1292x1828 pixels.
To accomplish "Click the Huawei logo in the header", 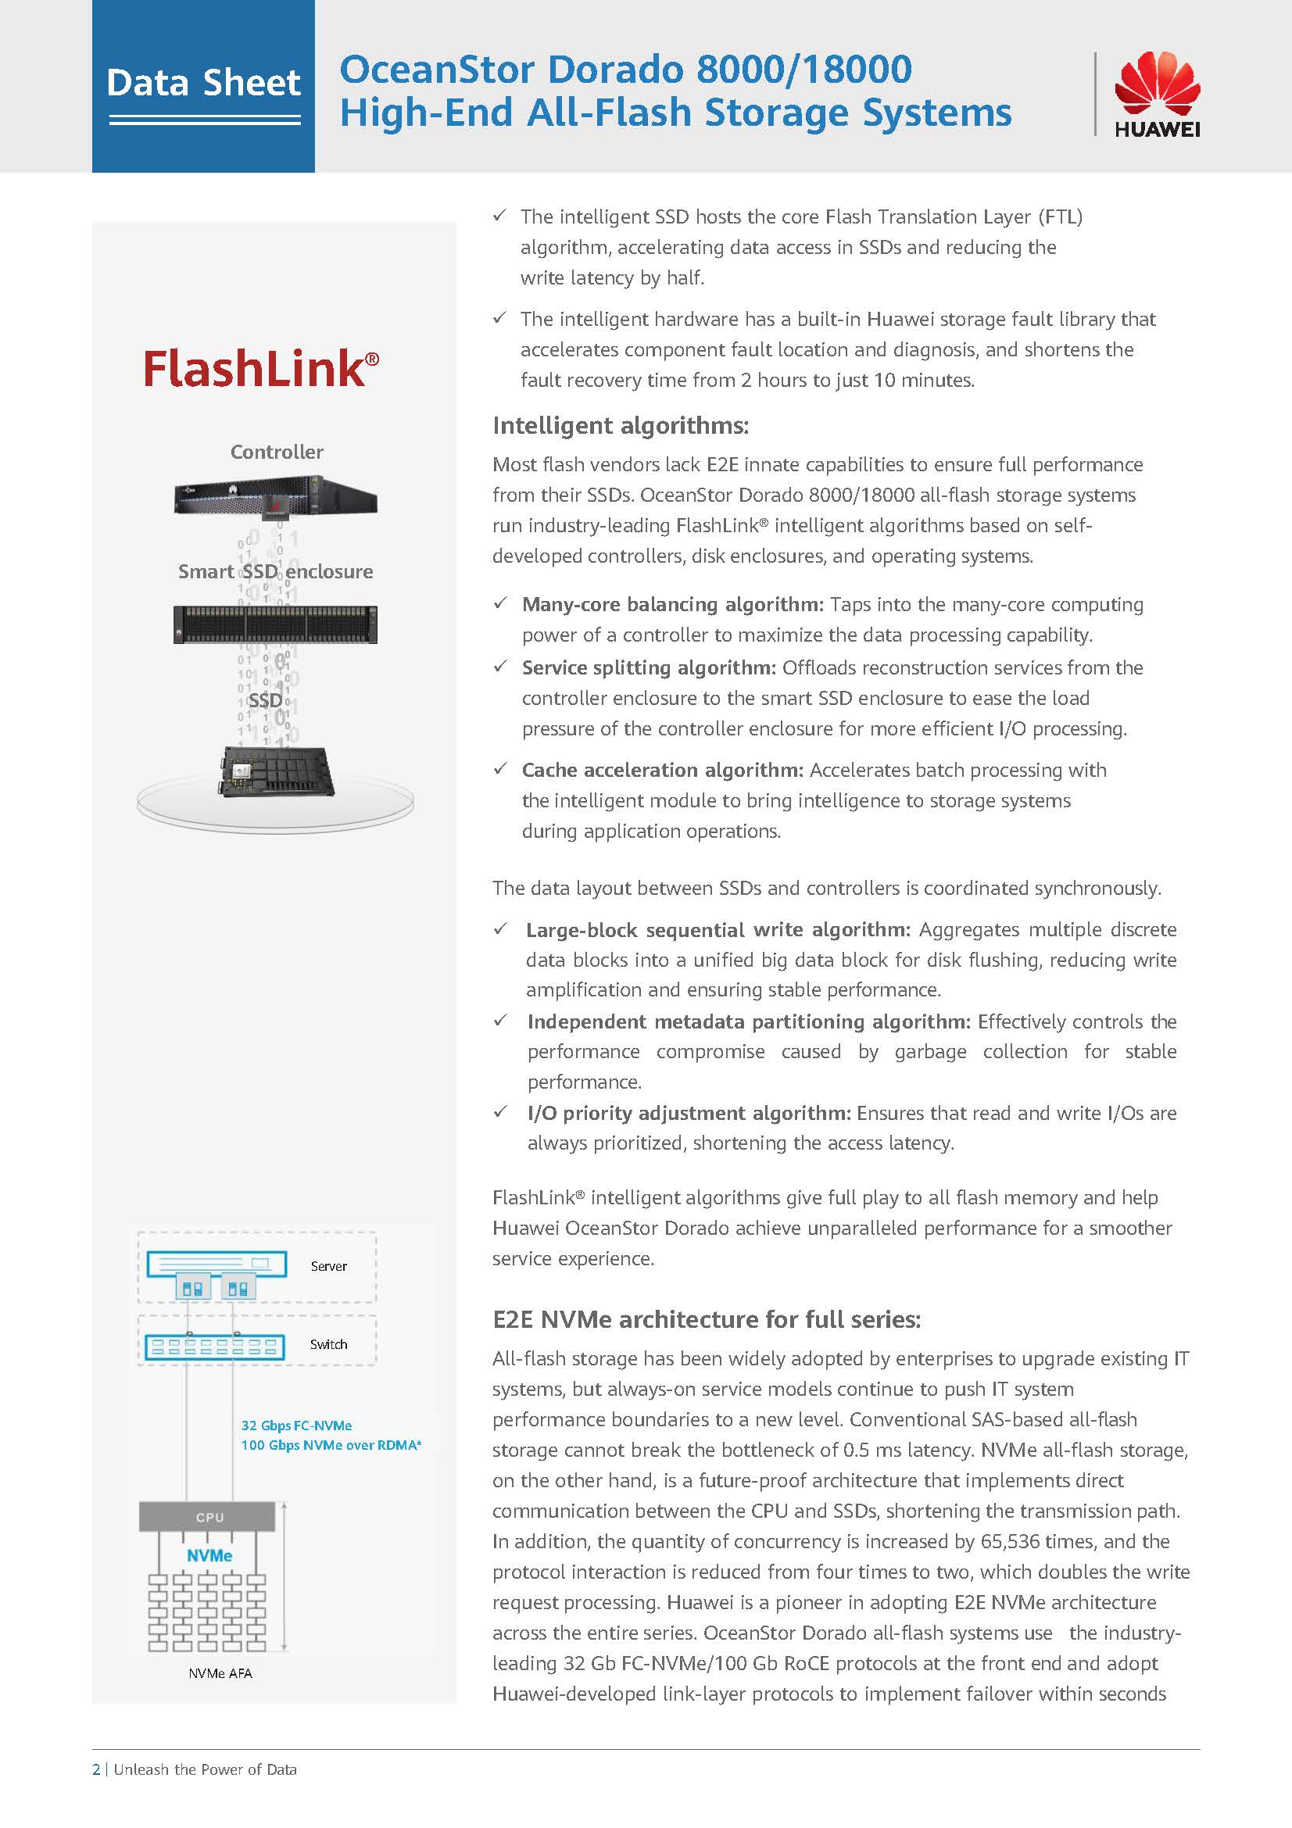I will coord(1157,94).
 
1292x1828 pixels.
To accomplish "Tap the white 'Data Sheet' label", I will coord(204,83).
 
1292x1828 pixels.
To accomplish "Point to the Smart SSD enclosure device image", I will coord(275,624).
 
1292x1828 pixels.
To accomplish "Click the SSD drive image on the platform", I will coord(275,771).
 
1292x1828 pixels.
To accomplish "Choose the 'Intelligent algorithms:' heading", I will coord(620,425).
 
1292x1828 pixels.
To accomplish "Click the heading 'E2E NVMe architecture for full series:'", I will coord(706,1319).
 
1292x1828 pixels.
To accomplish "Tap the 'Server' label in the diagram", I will coord(329,1266).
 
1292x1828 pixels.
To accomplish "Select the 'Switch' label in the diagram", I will coord(329,1344).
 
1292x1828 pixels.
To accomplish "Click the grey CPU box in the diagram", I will coord(208,1517).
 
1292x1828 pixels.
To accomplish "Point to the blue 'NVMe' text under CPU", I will coord(209,1555).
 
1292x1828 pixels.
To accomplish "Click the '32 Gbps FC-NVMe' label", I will coord(296,1426).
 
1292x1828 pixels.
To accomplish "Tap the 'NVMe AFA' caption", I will coord(220,1673).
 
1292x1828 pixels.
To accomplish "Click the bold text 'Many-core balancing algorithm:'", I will coord(673,604).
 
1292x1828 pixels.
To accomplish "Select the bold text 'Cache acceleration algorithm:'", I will coord(662,770).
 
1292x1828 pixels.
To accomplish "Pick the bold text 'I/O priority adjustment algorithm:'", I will coord(689,1113).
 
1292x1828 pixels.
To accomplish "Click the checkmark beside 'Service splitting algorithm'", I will coord(500,667).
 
